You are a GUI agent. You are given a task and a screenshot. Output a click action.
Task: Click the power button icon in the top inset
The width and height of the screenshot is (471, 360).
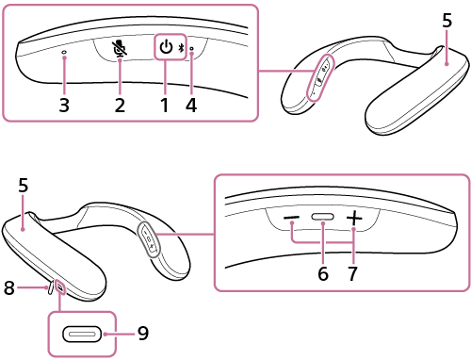[x=166, y=46]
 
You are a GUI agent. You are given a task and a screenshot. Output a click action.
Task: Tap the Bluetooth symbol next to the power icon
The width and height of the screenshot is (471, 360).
[x=181, y=48]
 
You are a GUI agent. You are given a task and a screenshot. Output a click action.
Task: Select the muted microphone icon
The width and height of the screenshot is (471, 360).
[x=120, y=48]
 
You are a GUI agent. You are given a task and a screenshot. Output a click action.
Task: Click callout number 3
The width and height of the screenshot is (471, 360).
[x=64, y=105]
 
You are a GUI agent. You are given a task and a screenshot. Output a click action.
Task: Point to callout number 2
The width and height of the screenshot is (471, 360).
[x=120, y=105]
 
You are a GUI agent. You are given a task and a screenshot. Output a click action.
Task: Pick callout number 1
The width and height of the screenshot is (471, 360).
[x=165, y=105]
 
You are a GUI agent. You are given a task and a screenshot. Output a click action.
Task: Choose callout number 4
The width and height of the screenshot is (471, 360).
[x=191, y=105]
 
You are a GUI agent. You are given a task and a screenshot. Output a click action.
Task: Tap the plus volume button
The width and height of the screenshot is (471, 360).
[x=353, y=219]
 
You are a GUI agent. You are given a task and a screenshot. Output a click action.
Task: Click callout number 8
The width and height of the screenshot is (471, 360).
[x=8, y=289]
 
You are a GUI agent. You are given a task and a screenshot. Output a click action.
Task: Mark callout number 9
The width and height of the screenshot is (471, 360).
[x=142, y=333]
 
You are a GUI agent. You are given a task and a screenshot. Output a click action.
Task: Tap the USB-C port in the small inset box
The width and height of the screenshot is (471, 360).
[x=83, y=335]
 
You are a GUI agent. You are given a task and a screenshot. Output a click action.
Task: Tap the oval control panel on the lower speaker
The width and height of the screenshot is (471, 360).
[x=148, y=238]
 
